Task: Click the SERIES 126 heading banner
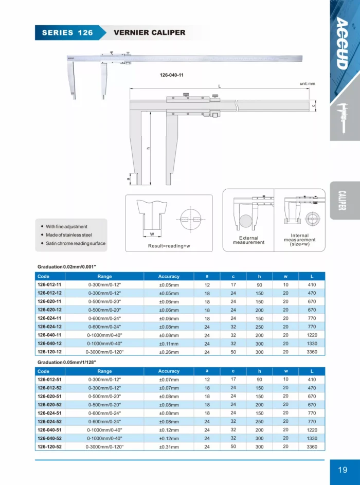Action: (67, 32)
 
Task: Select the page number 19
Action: (343, 470)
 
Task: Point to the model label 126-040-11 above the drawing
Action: (172, 75)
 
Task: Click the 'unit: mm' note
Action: (307, 83)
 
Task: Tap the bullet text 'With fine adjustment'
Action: (66, 226)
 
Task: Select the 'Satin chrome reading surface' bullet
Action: (76, 243)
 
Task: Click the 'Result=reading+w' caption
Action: (169, 246)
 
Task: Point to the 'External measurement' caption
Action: (248, 240)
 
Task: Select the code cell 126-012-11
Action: (49, 284)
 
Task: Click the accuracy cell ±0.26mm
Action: (169, 352)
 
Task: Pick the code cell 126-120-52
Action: (49, 447)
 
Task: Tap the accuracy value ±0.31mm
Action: (169, 447)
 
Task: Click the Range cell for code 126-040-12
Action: (104, 344)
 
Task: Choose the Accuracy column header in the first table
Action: (169, 276)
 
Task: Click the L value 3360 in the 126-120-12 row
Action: (312, 352)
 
